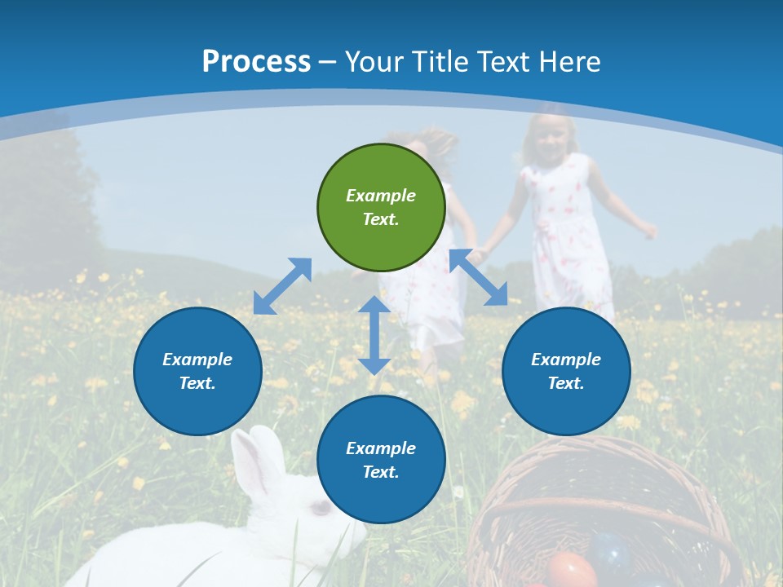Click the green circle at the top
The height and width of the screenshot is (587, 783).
(x=381, y=207)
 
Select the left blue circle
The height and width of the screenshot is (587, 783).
(x=197, y=371)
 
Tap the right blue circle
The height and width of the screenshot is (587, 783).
(x=566, y=371)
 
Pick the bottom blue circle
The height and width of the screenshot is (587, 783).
(x=381, y=460)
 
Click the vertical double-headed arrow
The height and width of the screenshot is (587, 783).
(x=374, y=335)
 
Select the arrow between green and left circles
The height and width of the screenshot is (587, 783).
(x=282, y=286)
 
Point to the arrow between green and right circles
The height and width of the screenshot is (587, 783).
(x=479, y=277)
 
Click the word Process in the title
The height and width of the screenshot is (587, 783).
(x=256, y=61)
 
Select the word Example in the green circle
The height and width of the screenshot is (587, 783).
(x=381, y=196)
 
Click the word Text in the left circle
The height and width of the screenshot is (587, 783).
(x=197, y=383)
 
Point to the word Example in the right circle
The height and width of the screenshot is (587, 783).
(x=566, y=360)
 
